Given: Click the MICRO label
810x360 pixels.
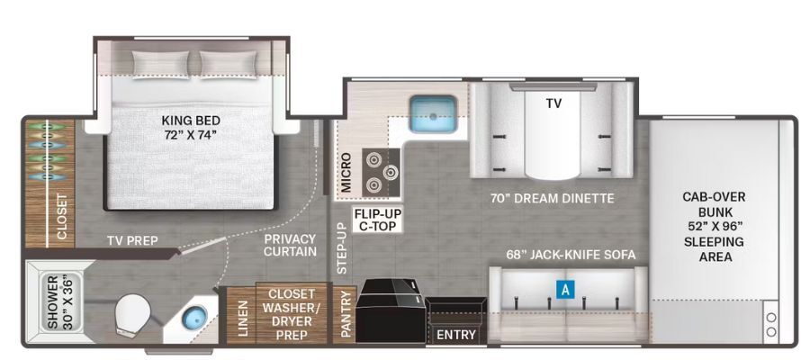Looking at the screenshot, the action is point(346,173).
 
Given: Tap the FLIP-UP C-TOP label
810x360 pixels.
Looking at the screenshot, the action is point(378,220).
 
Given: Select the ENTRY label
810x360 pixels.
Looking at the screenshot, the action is point(455,335).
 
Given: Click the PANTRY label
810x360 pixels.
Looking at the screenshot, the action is point(346,314).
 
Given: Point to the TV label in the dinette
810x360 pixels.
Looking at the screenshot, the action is point(553,103).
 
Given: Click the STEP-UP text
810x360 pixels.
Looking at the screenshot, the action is point(341,248).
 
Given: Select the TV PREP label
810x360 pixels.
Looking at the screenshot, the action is point(132,240).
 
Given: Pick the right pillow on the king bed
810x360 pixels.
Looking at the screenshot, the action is point(228,65).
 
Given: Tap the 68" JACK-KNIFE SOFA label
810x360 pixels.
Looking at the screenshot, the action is point(571,255).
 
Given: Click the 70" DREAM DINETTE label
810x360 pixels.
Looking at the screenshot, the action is point(553,198).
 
